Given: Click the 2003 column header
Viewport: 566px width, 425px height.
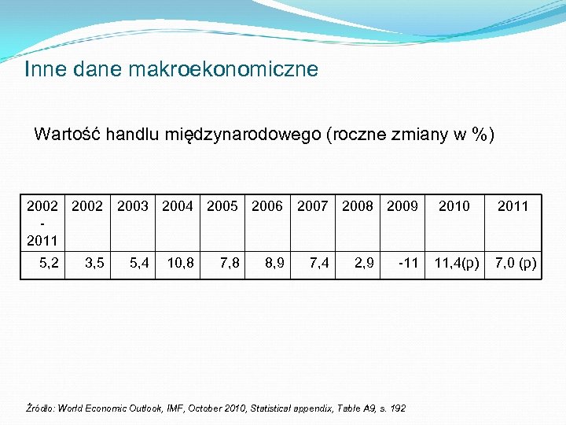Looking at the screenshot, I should coord(132,206).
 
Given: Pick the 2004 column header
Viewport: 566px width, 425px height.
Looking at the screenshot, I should coord(178,206).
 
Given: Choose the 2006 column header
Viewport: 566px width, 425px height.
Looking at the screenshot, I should coord(267,206).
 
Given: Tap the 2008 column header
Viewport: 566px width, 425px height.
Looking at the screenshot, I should coord(358,206).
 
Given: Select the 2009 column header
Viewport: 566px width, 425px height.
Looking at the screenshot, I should coord(402,206).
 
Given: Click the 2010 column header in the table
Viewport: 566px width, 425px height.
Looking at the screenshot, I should coord(454,206).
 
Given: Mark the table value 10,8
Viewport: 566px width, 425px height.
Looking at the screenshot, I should coord(181,262).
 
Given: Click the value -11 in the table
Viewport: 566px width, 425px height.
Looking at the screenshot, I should coord(408,262).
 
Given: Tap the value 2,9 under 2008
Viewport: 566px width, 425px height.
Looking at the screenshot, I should coord(364,262).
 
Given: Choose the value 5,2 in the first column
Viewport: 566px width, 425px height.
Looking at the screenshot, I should coord(48,262).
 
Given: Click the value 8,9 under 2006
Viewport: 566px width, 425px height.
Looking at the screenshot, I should coord(274,262).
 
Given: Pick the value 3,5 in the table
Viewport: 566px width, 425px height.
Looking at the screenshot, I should coord(94,262).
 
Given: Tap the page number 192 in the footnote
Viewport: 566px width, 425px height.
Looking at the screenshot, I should coord(397,408).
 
